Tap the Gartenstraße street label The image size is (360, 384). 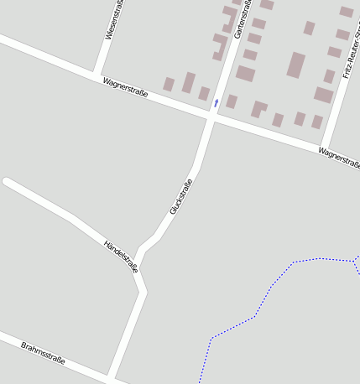pos(241,19)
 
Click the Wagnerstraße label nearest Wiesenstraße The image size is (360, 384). pos(125,87)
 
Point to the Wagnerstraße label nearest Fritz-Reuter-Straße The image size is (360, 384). pos(338,157)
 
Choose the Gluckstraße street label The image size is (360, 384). pos(181,196)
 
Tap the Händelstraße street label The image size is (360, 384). pos(121,256)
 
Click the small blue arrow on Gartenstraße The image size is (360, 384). pos(216,102)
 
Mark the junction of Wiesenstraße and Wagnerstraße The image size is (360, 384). pos(97,75)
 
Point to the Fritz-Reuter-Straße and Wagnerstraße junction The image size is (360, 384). pos(324,147)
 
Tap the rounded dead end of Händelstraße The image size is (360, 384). pos(8,181)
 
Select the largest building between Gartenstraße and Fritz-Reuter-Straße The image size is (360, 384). pos(295,65)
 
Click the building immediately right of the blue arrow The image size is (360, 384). pos(231,101)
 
